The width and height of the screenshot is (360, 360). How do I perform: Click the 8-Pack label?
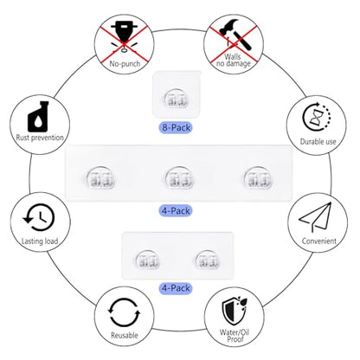coord(176,127)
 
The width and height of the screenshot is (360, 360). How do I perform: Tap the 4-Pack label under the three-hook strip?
coord(176,211)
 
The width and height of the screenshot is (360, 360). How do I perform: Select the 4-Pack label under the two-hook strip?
coord(176,288)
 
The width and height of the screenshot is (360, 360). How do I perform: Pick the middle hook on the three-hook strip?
coord(179,177)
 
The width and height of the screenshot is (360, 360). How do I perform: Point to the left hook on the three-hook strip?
coord(100,177)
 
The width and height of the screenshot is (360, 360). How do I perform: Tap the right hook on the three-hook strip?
coord(257,177)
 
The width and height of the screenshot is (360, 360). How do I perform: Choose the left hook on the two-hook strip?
coord(148,260)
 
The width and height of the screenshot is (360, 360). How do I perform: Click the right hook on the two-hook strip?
coord(208,260)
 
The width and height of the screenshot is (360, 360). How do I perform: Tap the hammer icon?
coord(235,34)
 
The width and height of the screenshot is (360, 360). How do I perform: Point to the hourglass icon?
coord(317,118)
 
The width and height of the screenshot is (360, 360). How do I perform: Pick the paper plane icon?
coord(315,217)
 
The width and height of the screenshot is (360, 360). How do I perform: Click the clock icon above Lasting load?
coord(39,218)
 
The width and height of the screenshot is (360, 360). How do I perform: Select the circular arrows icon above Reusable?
coord(125,312)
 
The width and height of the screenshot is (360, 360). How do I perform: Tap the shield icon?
coord(234,312)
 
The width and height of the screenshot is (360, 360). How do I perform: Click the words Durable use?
coord(318,142)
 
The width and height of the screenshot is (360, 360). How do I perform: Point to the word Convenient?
coord(319,241)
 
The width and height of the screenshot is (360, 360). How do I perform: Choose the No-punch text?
coord(125,64)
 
